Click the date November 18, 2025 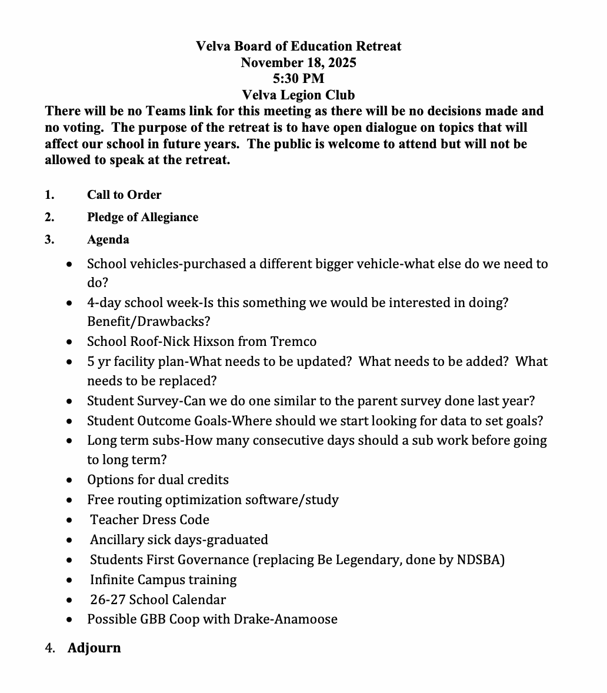298,62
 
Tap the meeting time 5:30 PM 298,78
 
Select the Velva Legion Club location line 298,95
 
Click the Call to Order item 124,195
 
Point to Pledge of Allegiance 142,217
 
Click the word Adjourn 94,648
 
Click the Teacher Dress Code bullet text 149,520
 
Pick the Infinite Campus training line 163,580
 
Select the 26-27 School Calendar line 158,600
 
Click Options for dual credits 158,480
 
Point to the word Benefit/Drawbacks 148,322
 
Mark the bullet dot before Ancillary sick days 70,540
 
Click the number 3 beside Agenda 49,239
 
